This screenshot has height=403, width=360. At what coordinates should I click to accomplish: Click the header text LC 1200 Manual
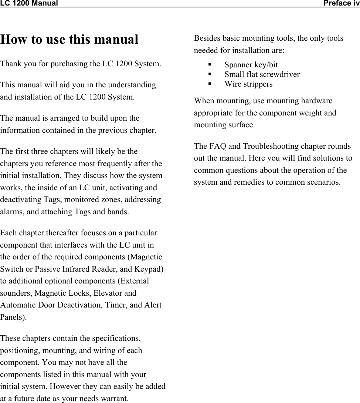tap(29, 4)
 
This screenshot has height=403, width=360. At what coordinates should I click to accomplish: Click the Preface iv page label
tap(341, 4)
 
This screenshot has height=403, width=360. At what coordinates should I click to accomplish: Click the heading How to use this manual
tap(69, 39)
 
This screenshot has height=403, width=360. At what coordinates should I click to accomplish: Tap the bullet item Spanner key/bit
tap(251, 65)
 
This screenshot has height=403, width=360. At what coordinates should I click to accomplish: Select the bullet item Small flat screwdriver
tap(262, 74)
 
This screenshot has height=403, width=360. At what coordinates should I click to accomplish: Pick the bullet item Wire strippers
tap(248, 84)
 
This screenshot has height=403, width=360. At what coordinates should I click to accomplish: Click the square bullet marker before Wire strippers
tap(210, 84)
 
